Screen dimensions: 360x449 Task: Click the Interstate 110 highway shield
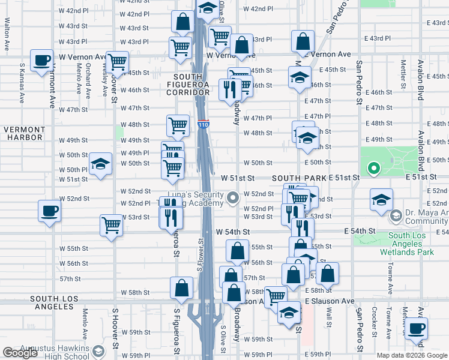203,125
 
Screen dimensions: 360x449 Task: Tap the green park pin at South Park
373,169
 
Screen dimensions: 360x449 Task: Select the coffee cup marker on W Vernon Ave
42,61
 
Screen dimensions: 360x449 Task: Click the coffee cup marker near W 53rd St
49,211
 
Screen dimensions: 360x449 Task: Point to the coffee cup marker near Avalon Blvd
415,329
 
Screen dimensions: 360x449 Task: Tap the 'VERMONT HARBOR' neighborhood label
24,134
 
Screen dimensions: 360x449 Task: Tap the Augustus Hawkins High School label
55,353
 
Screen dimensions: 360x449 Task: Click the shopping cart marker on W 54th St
112,226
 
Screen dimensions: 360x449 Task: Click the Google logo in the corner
20,353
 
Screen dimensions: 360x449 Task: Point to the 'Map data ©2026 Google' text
412,355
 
